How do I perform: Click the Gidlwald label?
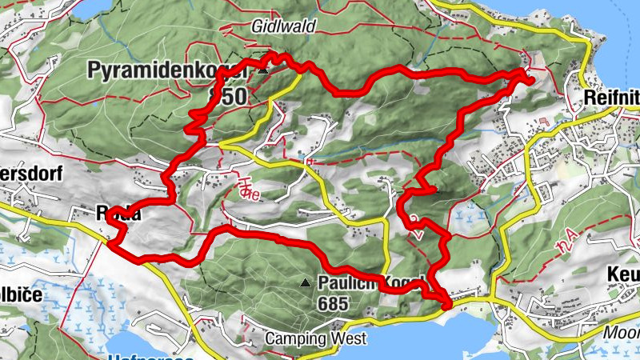(283, 26)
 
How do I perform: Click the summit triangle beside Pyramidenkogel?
(262, 71)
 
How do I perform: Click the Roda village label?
(118, 213)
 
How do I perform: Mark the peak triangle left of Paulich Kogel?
(305, 283)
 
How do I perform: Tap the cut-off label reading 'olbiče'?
(21, 293)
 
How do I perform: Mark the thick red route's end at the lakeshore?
(446, 303)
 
